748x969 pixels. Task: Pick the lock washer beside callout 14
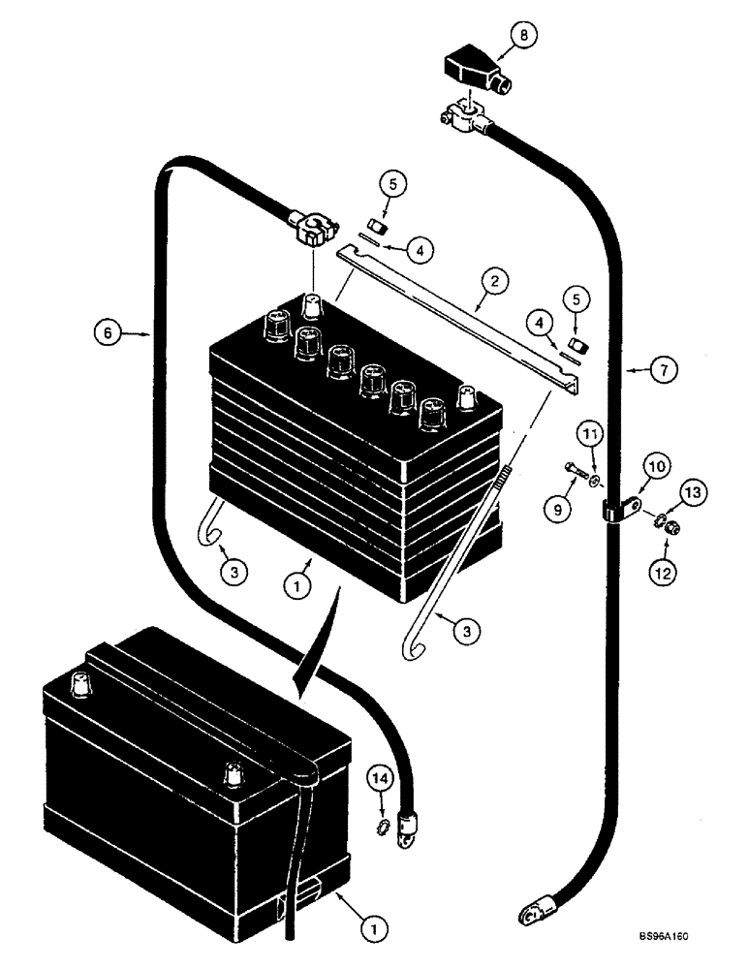[x=384, y=828]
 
